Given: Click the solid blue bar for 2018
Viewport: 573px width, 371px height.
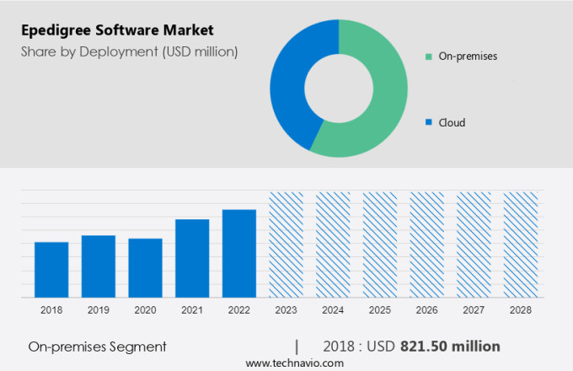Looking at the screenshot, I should tap(51, 270).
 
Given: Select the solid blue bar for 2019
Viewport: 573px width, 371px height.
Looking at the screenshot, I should tap(99, 266).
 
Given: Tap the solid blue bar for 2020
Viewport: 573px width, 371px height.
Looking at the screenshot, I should tap(145, 268).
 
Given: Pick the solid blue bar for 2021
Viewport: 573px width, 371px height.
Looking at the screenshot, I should tap(192, 258).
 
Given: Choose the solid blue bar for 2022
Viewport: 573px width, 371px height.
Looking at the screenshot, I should tap(239, 253).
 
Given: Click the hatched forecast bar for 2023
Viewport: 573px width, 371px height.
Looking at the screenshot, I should tap(286, 245).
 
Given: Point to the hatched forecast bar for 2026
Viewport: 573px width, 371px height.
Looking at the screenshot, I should tap(426, 245).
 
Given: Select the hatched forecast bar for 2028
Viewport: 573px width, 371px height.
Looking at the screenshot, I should tap(520, 245).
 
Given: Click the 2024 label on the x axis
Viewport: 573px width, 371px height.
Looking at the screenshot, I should tap(333, 310).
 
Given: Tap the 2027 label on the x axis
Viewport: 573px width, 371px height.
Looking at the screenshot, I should tap(474, 310).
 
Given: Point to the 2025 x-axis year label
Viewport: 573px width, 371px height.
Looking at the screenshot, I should tap(379, 310).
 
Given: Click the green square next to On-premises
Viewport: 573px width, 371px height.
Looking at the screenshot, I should tap(429, 56).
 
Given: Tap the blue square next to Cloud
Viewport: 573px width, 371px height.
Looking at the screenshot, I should tap(429, 122).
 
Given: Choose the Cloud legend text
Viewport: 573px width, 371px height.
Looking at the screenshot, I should tap(452, 122).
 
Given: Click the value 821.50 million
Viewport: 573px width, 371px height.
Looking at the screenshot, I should tap(450, 347).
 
